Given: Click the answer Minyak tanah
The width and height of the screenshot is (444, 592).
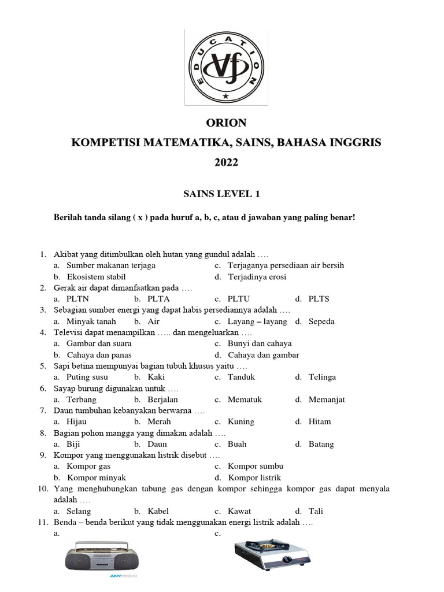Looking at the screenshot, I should pyautogui.click(x=91, y=321).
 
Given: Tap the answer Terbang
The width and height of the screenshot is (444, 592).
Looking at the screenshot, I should pyautogui.click(x=82, y=399).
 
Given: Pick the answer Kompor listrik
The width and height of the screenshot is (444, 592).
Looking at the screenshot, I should pyautogui.click(x=254, y=478).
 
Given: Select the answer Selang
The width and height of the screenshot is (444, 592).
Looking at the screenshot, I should pyautogui.click(x=79, y=511).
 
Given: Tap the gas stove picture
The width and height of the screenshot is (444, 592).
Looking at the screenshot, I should pyautogui.click(x=273, y=557).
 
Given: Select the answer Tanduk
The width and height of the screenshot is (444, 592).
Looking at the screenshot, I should pyautogui.click(x=241, y=377).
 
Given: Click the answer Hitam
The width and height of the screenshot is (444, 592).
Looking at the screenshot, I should pyautogui.click(x=320, y=421).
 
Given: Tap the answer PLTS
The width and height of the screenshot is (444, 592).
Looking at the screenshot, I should pyautogui.click(x=319, y=299).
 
